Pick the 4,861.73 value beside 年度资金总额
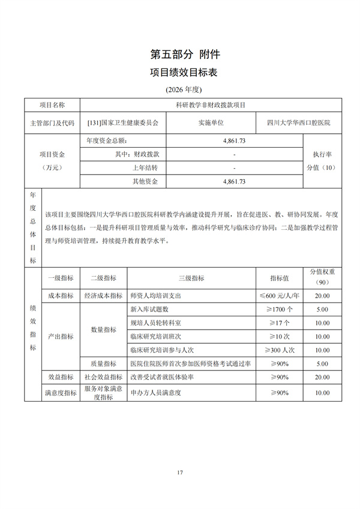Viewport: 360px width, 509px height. pyautogui.click(x=234, y=140)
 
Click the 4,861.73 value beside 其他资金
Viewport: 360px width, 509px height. pyautogui.click(x=234, y=181)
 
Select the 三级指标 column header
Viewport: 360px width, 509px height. pyautogui.click(x=191, y=278)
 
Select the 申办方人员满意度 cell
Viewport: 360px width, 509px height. pyautogui.click(x=155, y=393)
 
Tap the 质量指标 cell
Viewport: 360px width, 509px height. pyautogui.click(x=103, y=363)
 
